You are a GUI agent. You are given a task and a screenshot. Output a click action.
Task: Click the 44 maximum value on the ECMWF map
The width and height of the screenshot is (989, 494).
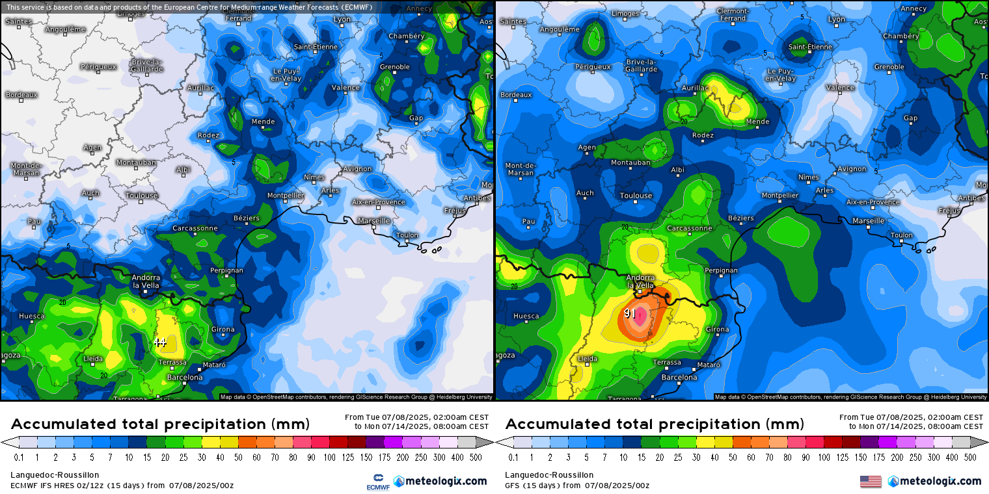coord(160,342)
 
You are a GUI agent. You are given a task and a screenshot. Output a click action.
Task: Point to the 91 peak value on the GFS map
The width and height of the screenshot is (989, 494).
coord(630,313)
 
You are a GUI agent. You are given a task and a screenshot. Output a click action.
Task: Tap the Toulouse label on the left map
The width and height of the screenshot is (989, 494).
coord(142,195)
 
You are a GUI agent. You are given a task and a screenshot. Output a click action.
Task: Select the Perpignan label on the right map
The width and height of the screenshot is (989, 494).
coord(721,270)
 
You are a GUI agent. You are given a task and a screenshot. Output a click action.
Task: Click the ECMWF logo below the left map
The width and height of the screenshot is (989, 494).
coord(377,482)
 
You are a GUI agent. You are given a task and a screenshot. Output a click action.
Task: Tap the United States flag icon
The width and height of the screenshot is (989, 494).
coord(871,482)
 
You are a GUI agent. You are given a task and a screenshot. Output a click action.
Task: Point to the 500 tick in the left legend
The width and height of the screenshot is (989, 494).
coord(476,458)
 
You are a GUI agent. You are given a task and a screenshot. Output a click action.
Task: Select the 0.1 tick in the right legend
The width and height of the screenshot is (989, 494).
coord(513,458)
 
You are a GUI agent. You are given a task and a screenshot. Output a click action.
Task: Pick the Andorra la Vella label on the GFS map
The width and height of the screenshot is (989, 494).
coord(640,281)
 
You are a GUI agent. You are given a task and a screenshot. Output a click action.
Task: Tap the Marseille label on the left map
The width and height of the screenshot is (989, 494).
coord(374,220)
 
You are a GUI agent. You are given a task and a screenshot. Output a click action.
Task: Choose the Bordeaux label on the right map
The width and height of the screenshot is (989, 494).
coord(516,95)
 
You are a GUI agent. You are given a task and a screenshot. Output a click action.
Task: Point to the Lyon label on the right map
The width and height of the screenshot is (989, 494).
coord(836,19)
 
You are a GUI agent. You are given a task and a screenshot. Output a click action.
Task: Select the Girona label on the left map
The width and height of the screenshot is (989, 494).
coord(223,330)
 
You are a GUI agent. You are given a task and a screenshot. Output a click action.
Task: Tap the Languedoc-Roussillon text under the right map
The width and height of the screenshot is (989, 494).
coord(549,475)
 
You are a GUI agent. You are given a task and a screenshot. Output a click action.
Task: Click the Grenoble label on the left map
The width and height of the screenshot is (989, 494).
coord(394,67)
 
